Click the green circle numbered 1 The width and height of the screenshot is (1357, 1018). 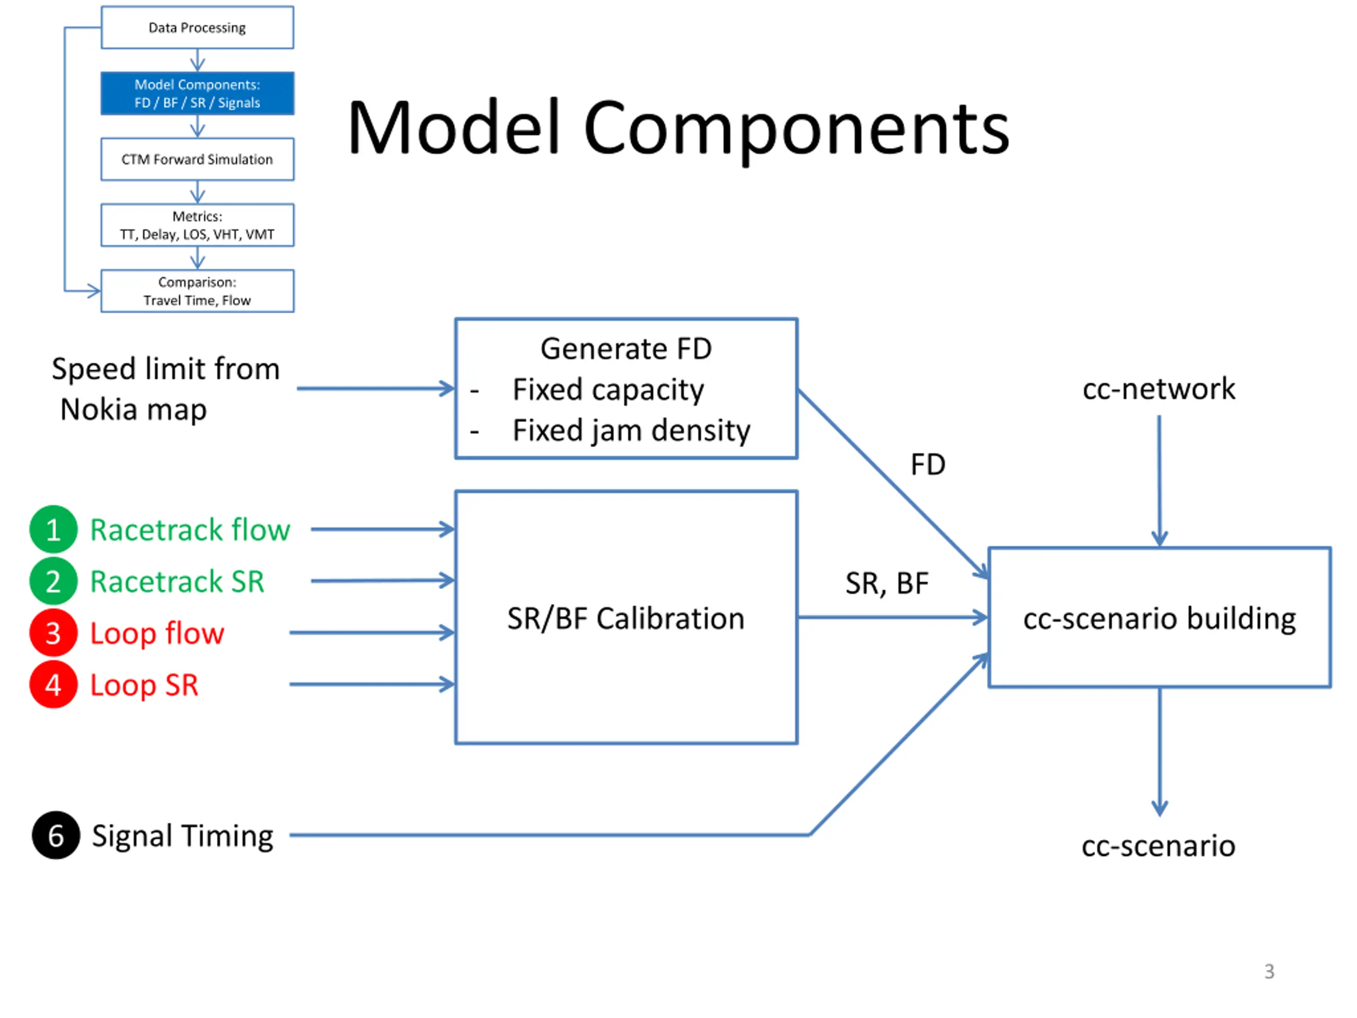point(54,529)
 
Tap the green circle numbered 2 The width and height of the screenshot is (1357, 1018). point(54,581)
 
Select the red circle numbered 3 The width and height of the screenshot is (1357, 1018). point(54,633)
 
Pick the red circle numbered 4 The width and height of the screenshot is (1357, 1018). point(54,684)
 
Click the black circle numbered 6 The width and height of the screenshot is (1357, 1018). point(56,835)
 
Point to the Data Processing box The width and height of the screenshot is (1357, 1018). point(198,28)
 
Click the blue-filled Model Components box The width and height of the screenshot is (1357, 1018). point(198,93)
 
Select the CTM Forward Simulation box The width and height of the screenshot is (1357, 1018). point(198,160)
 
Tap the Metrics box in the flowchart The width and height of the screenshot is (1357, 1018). point(198,225)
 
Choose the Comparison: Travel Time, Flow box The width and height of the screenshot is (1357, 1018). point(198,291)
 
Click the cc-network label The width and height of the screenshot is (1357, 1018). point(1159,389)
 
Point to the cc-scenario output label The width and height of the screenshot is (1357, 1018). point(1158,846)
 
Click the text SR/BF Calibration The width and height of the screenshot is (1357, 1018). point(625,618)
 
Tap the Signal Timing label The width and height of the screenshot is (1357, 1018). point(183,836)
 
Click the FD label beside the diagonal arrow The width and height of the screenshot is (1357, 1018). point(928,464)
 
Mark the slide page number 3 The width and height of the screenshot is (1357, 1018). point(1270,971)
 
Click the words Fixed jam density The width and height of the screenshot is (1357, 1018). point(631,430)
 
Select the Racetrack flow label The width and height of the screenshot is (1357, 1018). point(190,530)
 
